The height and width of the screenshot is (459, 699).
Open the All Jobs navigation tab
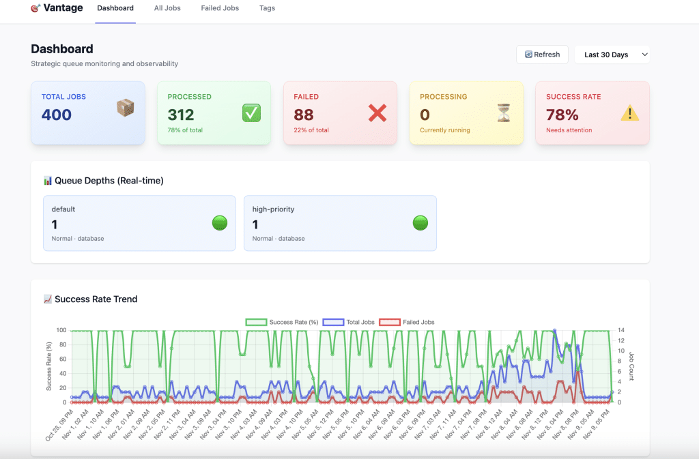click(167, 8)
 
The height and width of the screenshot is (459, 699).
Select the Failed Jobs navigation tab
click(220, 8)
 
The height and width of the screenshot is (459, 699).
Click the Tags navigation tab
click(268, 8)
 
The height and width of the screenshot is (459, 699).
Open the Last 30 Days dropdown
click(612, 55)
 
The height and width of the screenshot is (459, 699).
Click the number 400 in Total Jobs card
click(57, 115)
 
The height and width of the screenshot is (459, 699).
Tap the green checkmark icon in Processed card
click(251, 113)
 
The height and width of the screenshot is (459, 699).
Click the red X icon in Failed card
click(377, 113)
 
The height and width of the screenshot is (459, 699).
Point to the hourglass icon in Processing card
click(504, 113)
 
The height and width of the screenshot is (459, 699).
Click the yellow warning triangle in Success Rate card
click(629, 113)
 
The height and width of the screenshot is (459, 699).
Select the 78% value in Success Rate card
click(562, 115)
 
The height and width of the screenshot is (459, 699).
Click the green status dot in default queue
click(220, 223)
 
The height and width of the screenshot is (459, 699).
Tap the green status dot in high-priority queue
click(420, 223)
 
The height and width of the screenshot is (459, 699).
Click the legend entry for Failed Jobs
click(407, 322)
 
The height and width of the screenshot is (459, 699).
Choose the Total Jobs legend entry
click(344, 322)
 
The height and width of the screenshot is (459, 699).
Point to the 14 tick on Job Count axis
click(620, 330)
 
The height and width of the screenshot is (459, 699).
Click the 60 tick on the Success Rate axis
click(61, 359)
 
